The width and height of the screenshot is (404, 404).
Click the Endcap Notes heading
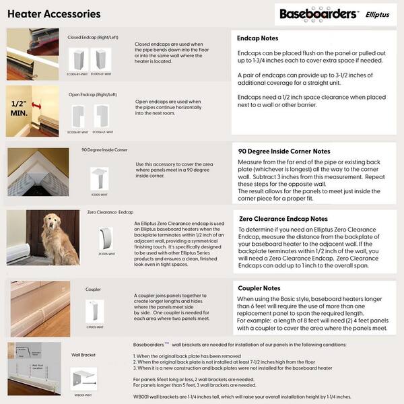(258, 38)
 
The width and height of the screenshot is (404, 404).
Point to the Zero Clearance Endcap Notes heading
(283, 219)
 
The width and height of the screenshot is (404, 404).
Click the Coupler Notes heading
(259, 288)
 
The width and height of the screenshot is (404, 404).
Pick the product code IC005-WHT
(100, 193)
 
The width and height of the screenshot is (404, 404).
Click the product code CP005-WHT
(94, 327)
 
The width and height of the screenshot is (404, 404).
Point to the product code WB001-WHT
(84, 395)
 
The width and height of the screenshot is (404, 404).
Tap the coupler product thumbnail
(95, 310)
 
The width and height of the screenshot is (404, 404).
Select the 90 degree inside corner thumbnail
(100, 178)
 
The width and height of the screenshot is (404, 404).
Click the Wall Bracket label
(84, 353)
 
